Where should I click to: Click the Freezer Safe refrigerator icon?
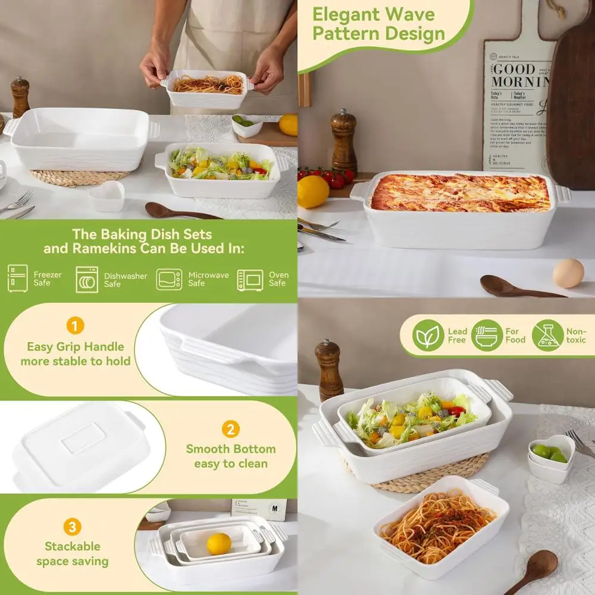[x=17, y=278]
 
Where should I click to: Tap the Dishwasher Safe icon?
[x=87, y=279]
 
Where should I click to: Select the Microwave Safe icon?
[x=169, y=279]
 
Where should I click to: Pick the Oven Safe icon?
[x=250, y=279]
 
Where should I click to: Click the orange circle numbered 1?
[x=75, y=326]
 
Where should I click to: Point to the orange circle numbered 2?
[x=230, y=429]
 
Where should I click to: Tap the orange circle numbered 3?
[x=72, y=527]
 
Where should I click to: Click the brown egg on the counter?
[x=568, y=273]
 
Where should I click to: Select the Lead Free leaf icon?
[x=428, y=336]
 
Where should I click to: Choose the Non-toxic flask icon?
[x=547, y=336]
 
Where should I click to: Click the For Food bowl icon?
[x=487, y=336]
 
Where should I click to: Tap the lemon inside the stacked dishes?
[x=218, y=544]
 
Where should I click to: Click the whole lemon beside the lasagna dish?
[x=313, y=192]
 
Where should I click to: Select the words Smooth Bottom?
[x=230, y=449]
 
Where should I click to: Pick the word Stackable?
[x=72, y=546]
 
